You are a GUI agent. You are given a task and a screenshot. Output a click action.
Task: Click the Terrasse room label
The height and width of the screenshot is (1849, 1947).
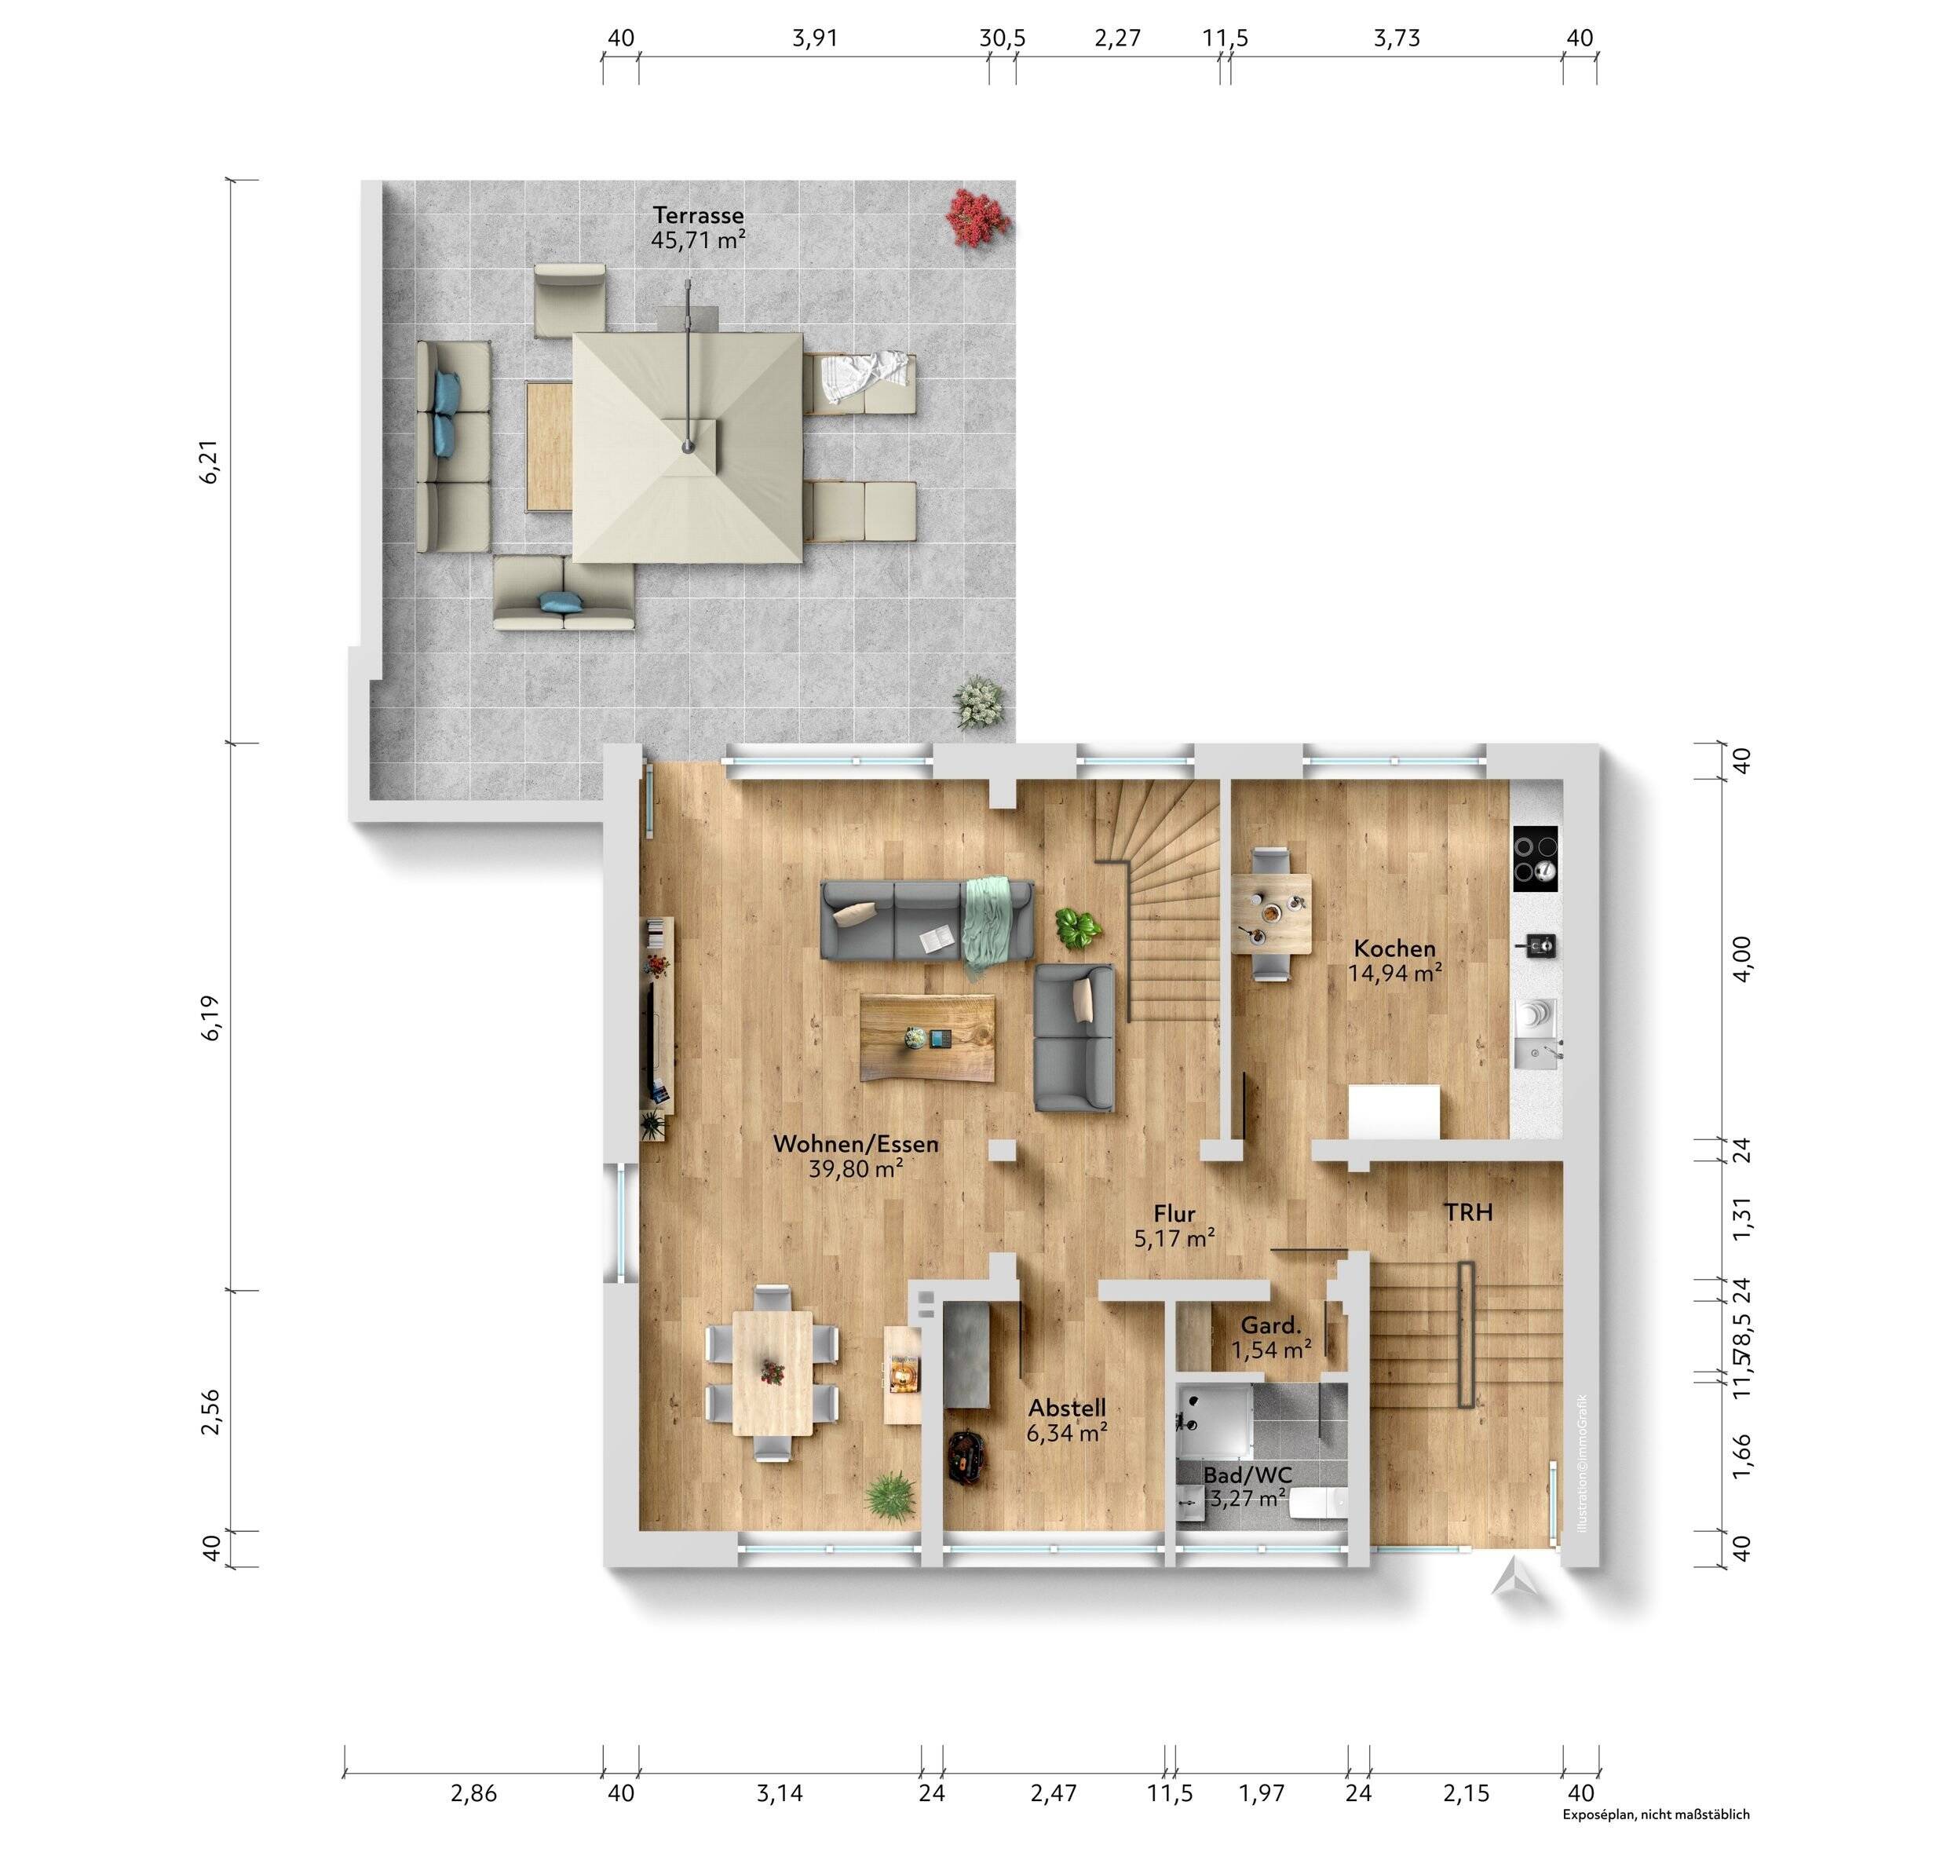pos(698,215)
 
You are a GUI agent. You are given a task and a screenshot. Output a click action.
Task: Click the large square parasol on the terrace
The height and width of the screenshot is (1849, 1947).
pos(687,447)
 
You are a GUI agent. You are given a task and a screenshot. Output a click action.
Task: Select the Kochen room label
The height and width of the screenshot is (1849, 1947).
pos(1394,948)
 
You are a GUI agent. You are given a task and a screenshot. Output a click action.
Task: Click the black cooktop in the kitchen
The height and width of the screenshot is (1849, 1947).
pos(1535,858)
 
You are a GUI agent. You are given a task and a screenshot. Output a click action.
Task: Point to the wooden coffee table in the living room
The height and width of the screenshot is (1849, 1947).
pos(927,1038)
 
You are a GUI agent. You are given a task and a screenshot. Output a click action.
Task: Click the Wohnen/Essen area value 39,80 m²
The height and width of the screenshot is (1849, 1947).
pos(855,1170)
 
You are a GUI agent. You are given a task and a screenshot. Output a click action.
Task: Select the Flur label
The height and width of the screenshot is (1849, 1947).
pos(1174,1215)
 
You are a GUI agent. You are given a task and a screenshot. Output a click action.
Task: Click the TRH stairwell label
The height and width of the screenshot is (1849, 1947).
pos(1468,1212)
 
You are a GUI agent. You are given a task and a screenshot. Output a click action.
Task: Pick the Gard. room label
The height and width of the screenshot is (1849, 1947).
pos(1270,1325)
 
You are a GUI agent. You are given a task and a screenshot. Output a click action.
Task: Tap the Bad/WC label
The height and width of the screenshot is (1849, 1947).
pos(1247,1474)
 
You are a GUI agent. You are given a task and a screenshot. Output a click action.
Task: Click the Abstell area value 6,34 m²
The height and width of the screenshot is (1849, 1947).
pos(1066,1433)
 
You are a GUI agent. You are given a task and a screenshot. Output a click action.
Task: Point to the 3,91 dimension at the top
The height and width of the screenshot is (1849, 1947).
pos(814,38)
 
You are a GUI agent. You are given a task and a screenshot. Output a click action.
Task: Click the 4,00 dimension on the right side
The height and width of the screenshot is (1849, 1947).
pos(1742,958)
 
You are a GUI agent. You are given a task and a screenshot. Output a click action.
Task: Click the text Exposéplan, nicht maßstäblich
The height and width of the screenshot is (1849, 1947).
pos(1656,1814)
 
